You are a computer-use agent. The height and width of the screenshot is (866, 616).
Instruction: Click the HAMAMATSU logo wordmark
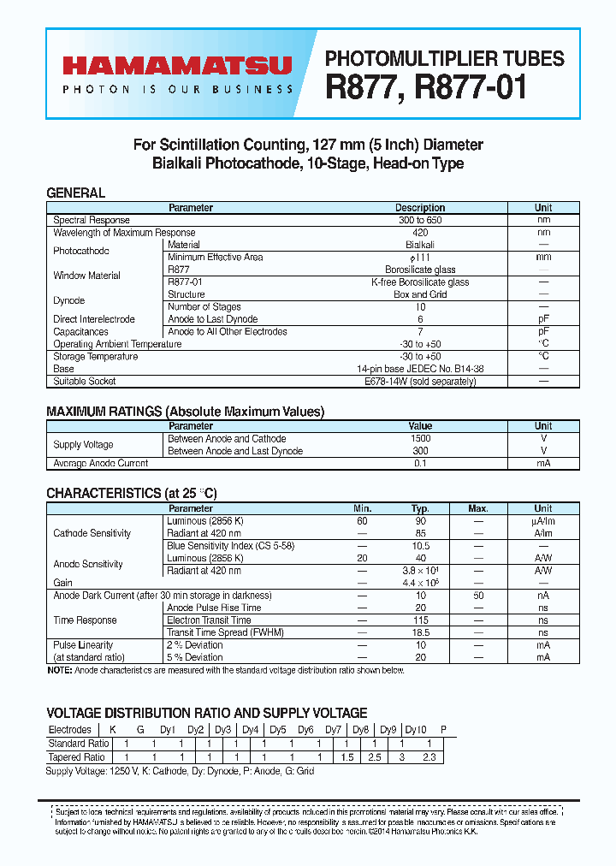coord(176,66)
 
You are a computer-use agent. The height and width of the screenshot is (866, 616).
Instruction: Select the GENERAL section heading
coord(75,193)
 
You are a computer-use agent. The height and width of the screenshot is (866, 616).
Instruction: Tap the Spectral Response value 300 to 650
coord(420,221)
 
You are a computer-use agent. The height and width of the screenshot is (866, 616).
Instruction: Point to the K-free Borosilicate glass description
coord(420,282)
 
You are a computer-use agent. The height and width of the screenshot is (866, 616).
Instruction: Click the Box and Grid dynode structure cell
coord(420,294)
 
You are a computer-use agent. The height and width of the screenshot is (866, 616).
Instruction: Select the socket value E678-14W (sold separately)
coord(420,382)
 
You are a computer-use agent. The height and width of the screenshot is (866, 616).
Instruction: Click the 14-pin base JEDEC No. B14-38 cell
coord(420,369)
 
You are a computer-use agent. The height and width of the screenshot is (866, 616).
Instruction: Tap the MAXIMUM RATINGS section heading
coord(185,412)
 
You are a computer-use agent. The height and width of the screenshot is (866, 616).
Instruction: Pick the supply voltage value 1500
coord(420,438)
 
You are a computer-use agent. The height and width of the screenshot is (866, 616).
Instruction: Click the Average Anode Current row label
coord(101,463)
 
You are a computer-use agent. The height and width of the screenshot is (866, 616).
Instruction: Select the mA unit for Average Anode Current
coord(543,463)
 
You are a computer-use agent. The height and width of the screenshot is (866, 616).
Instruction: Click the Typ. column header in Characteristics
coord(420,508)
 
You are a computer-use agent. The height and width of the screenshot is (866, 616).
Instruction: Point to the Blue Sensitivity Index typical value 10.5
coord(420,545)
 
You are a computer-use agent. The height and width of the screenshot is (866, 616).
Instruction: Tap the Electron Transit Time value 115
coord(420,620)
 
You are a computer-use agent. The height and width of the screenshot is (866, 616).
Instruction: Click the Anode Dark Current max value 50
coord(478,595)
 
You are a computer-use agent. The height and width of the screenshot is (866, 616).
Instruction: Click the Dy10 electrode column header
coord(416,730)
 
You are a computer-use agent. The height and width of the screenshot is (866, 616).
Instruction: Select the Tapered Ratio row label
coord(77,757)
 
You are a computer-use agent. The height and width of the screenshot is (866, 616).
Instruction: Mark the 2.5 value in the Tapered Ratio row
coord(375,757)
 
